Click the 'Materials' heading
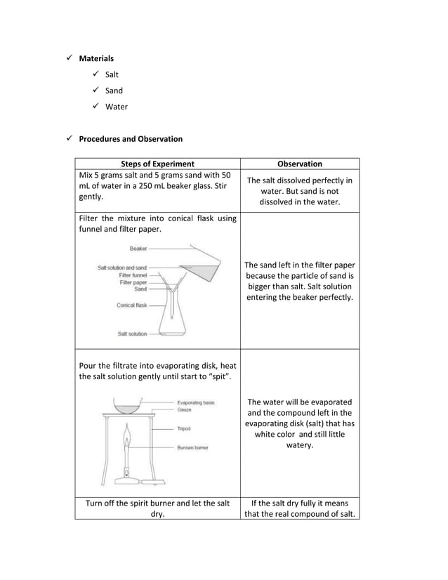point(95,58)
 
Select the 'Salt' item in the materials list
point(112,74)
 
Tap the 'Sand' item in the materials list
point(114,91)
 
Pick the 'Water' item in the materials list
point(117,107)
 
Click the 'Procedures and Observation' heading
point(131,139)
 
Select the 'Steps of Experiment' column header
point(158,164)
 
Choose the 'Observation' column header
point(300,164)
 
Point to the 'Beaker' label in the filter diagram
point(138,249)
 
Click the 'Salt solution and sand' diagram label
point(122,268)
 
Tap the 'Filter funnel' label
point(133,275)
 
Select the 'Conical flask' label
point(131,305)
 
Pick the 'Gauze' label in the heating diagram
point(185,409)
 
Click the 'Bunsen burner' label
point(192,447)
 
